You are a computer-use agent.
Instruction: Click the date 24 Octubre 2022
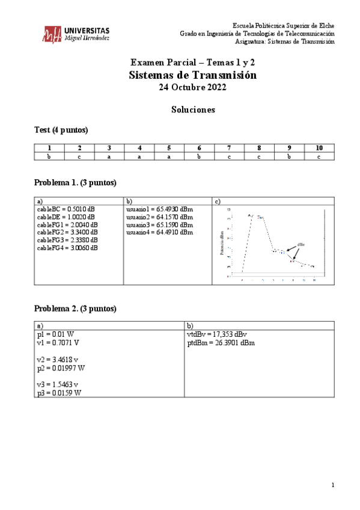[192, 88]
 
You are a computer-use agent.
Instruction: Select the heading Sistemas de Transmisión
[192, 75]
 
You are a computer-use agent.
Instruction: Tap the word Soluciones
[192, 110]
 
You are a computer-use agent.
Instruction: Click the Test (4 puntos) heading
[61, 130]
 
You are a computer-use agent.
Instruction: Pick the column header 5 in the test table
[169, 148]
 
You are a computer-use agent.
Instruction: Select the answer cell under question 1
[49, 156]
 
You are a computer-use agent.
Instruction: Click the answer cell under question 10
[319, 156]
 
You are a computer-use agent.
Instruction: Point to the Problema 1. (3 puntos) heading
[75, 182]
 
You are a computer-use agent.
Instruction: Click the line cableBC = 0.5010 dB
[66, 209]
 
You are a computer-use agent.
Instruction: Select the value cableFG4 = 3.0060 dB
[67, 248]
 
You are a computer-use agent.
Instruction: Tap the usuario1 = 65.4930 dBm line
[160, 209]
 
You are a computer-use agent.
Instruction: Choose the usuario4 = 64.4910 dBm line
[160, 232]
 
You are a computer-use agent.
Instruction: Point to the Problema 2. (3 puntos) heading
[75, 309]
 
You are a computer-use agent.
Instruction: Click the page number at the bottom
[332, 485]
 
